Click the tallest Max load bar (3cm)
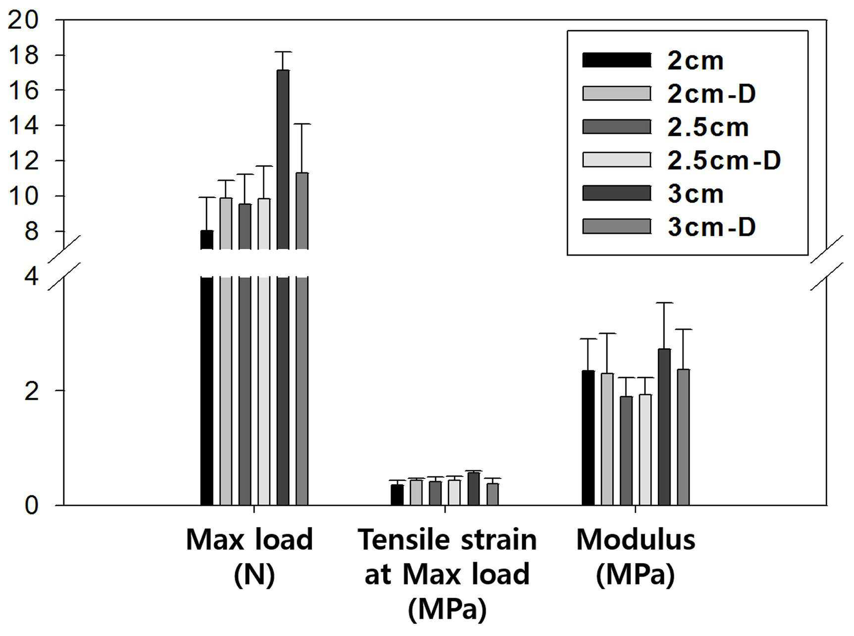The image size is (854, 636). (x=283, y=287)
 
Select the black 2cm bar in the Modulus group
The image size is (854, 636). (x=588, y=438)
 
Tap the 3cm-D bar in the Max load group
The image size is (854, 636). (x=302, y=339)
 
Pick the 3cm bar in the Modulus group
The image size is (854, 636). (x=664, y=427)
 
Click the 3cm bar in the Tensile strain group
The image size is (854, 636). (x=474, y=489)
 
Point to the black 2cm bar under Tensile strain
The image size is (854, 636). (x=397, y=495)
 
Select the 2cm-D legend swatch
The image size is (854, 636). (x=616, y=93)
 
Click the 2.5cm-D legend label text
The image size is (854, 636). (x=724, y=160)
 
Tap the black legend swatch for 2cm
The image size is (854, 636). (x=616, y=59)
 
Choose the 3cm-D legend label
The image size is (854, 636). (x=711, y=227)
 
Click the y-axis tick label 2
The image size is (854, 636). (x=32, y=391)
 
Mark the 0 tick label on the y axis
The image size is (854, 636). (x=32, y=506)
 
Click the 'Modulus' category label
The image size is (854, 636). (x=636, y=539)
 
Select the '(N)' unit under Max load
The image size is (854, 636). (x=254, y=575)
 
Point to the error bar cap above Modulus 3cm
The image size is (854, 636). (x=664, y=303)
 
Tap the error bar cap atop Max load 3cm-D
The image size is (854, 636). (x=302, y=124)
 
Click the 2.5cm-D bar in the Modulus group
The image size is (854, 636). (x=645, y=450)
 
